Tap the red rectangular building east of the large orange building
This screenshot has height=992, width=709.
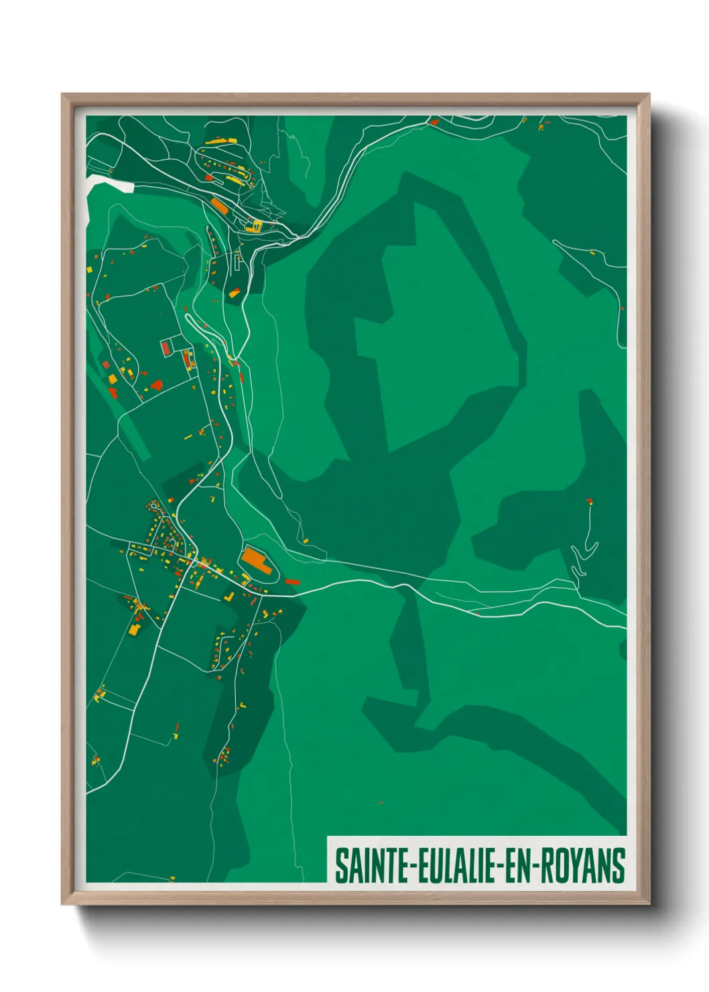pyautogui.click(x=292, y=582)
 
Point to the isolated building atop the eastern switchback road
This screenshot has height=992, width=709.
pyautogui.click(x=589, y=501)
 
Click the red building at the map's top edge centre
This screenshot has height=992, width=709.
pyautogui.click(x=434, y=122)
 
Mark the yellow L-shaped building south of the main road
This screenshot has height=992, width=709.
pyautogui.click(x=229, y=595)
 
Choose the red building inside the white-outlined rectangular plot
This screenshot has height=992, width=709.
pyautogui.click(x=166, y=348)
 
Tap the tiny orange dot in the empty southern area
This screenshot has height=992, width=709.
pyautogui.click(x=381, y=802)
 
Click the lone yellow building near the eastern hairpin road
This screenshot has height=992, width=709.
pyautogui.click(x=592, y=253)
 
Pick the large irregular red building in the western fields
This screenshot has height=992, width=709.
pyautogui.click(x=157, y=385)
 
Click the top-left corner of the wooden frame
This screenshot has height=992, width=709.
pyautogui.click(x=63, y=95)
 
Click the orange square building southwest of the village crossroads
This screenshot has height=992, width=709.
pyautogui.click(x=134, y=630)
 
